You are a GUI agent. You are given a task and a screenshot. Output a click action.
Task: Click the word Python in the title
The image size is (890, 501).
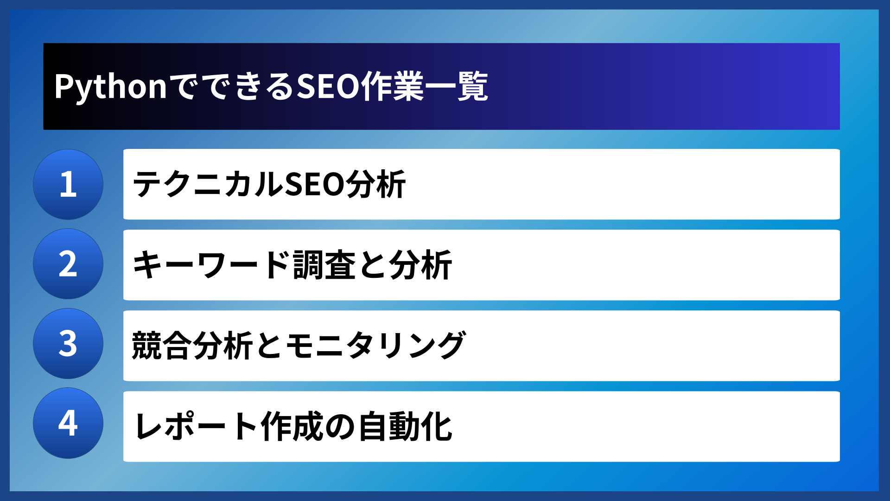[x=110, y=87]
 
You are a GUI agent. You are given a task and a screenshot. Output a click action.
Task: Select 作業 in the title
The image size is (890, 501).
[x=393, y=87]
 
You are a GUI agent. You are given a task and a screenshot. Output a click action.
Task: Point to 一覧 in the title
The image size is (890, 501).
[x=457, y=87]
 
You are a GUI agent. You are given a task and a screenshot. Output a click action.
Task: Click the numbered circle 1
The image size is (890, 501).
[x=68, y=184]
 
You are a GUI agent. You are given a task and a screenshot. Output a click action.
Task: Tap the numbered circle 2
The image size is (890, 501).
[x=68, y=264]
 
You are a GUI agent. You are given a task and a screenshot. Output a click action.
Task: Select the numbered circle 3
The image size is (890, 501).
[x=68, y=344]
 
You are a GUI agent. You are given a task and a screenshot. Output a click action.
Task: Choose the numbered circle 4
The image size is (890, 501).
[x=68, y=423]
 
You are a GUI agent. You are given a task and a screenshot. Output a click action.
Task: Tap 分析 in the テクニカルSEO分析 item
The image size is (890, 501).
[x=375, y=185]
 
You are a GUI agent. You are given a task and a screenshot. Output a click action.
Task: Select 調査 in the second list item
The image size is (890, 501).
[x=324, y=265]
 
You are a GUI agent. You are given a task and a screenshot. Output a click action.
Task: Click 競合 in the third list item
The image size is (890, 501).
[x=162, y=346]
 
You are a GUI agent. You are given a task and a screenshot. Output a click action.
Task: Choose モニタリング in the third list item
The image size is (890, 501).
[x=375, y=346]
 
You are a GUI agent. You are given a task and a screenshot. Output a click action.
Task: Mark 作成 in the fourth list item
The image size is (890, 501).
[x=292, y=426]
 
